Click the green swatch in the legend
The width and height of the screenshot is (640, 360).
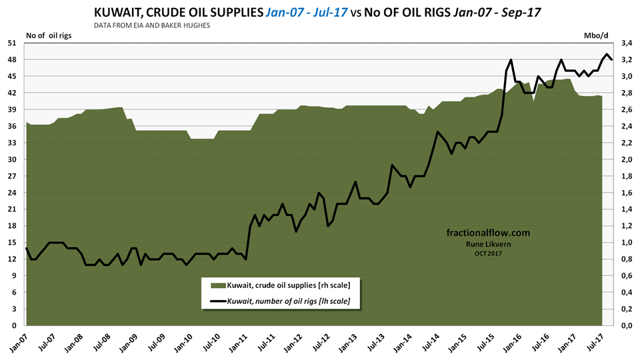click(x=217, y=285)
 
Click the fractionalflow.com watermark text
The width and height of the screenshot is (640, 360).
click(x=488, y=233)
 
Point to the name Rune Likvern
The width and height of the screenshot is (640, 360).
click(x=488, y=244)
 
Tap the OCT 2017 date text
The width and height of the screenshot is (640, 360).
click(x=488, y=253)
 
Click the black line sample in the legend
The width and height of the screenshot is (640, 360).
click(x=217, y=302)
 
